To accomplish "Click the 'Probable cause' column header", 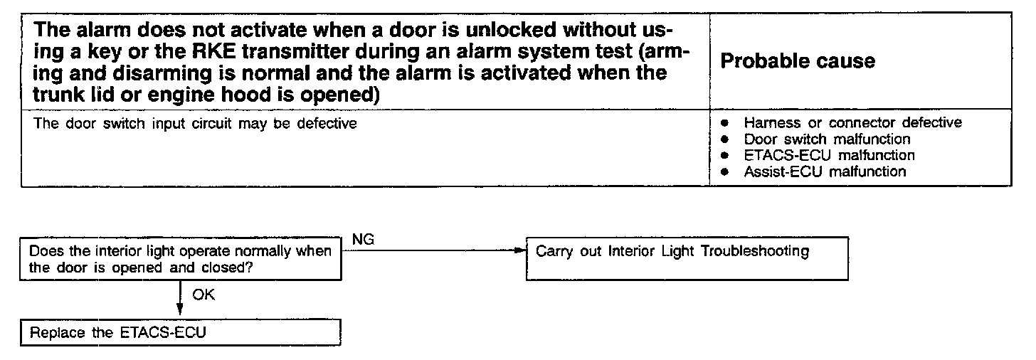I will (x=798, y=61).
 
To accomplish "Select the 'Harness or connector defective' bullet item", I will (x=852, y=123).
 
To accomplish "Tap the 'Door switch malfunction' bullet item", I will (x=827, y=139).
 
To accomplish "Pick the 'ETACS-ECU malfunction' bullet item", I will (x=829, y=155).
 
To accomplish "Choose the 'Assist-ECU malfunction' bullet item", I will (x=825, y=171).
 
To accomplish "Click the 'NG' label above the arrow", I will (x=364, y=240).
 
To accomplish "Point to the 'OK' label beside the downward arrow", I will (x=203, y=295).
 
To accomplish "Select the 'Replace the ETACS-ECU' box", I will (x=181, y=333).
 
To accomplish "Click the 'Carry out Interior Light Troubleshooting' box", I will (x=687, y=258).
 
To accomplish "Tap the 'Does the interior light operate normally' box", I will (x=181, y=260).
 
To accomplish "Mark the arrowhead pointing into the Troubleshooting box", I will (x=518, y=250).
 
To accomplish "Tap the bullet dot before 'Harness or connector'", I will (x=724, y=123).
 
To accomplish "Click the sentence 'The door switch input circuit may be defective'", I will (x=196, y=124).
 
